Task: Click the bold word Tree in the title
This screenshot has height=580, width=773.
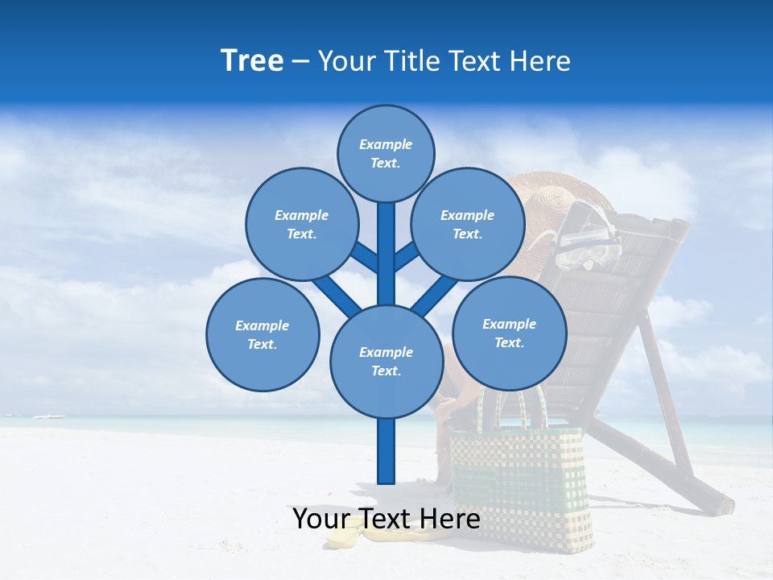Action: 252,61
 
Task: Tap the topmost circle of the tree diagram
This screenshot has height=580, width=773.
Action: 386,153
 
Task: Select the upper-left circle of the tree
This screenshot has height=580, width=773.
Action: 301,224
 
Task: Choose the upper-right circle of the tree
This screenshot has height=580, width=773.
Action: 468,224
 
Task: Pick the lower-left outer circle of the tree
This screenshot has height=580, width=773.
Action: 262,334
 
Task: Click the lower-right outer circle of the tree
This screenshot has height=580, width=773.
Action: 509,333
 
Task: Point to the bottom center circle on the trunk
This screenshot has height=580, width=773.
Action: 386,362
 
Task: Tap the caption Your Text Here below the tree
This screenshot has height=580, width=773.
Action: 386,519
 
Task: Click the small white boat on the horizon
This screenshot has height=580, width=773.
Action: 50,416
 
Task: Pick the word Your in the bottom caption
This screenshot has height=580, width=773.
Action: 322,519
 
